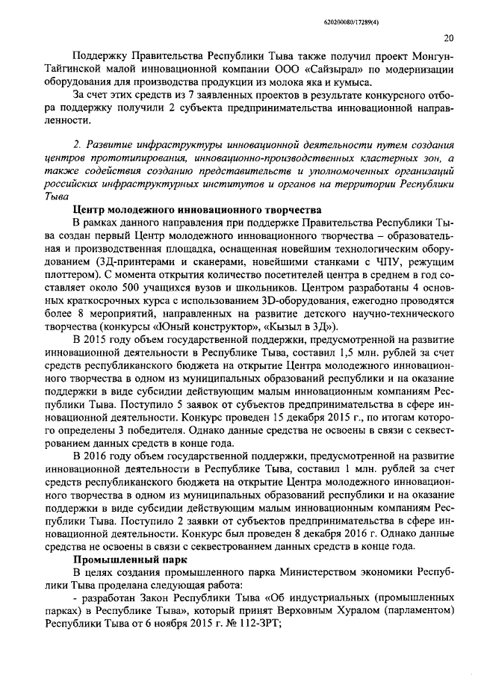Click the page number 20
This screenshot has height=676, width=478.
(447, 38)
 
